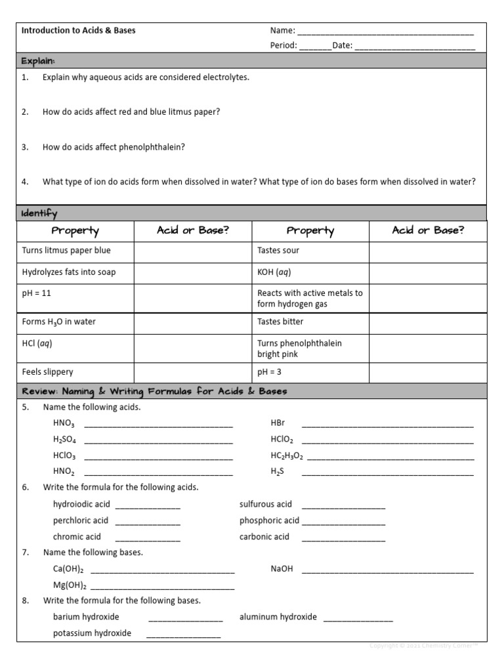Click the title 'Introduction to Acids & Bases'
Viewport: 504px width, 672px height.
pos(79,30)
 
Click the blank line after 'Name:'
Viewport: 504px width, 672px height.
pos(385,31)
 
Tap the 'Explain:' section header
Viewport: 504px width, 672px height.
pos(38,61)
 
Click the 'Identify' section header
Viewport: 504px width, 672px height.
pos(39,213)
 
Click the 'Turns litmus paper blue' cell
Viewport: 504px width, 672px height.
pos(66,250)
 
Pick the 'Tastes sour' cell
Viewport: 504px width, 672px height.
pos(278,250)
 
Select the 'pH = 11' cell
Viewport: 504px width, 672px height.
pos(37,293)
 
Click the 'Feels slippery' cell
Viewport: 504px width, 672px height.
pos(48,371)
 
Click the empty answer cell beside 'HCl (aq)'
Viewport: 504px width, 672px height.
pos(193,348)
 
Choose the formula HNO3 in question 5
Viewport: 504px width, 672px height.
pos(64,424)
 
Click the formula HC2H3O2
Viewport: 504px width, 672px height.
pos(287,455)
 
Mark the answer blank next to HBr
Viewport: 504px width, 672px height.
pos(387,425)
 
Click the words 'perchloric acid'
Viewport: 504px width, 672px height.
pos(81,520)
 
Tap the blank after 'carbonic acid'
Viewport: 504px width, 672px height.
pos(343,537)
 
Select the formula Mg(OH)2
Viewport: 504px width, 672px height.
pos(69,585)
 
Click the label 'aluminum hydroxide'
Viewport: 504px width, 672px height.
pos(278,617)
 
